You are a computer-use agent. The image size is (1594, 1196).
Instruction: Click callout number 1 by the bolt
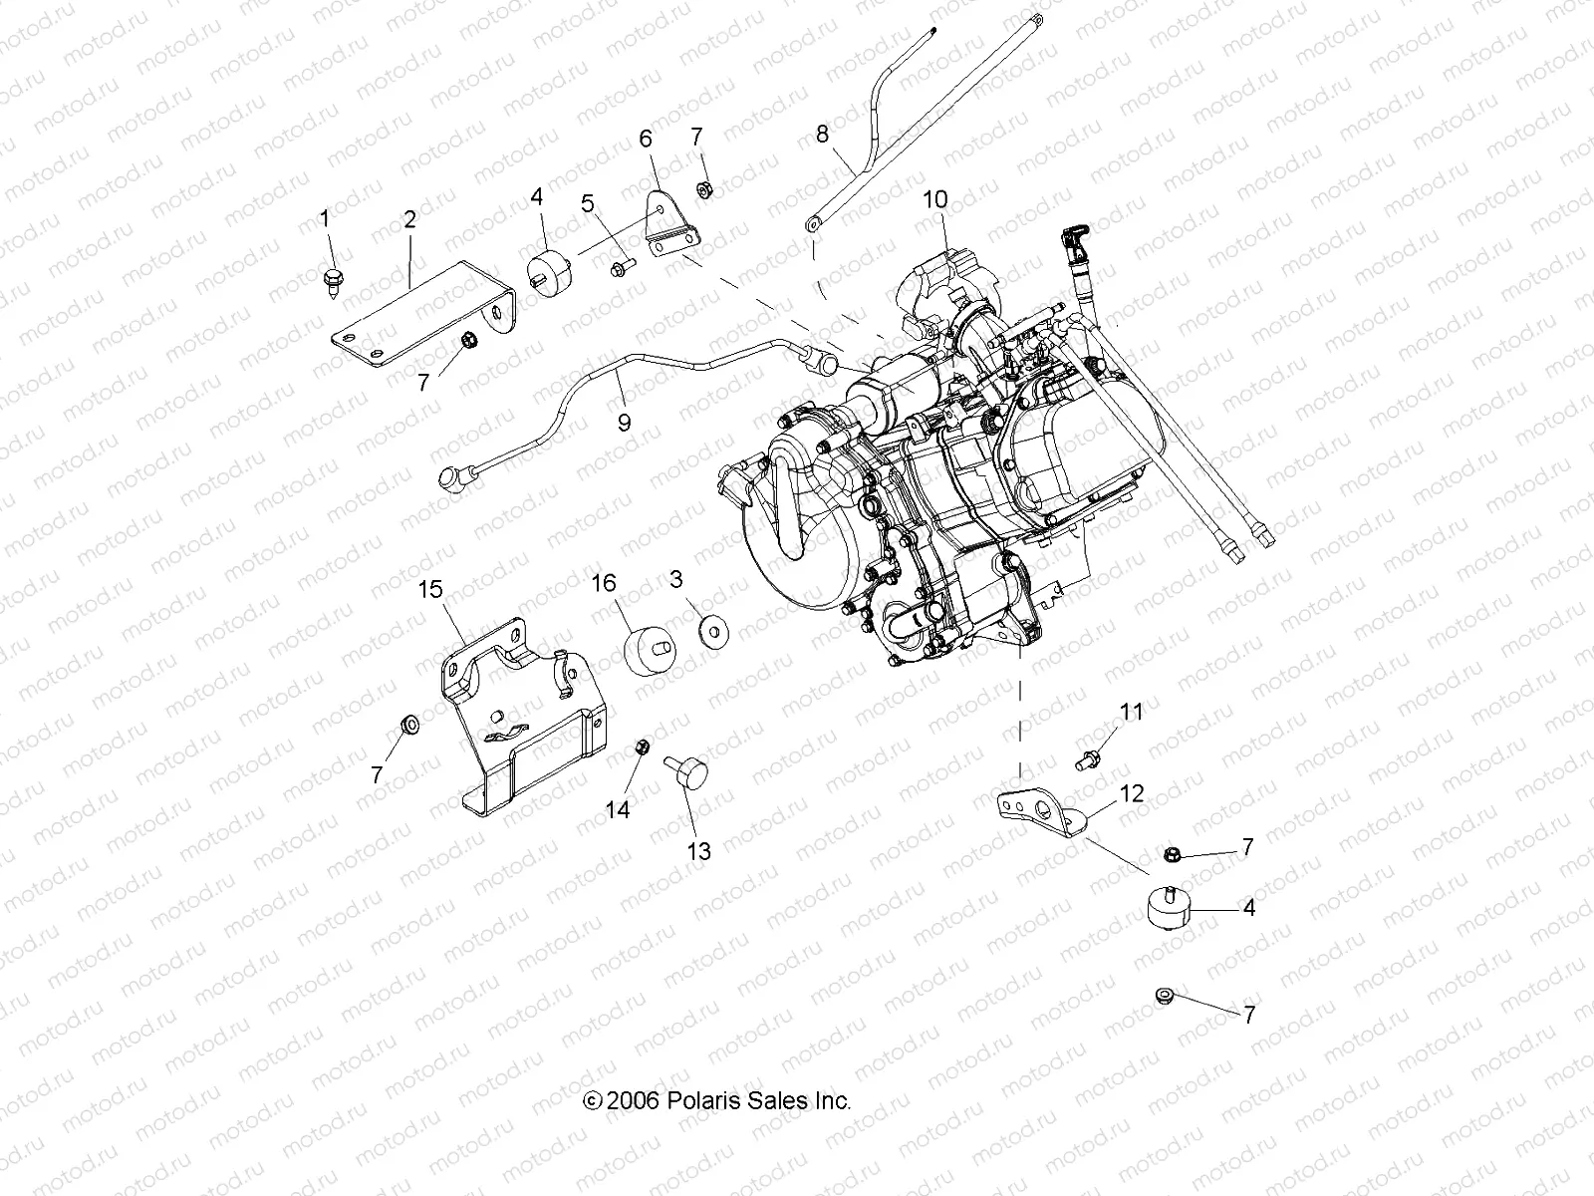pyautogui.click(x=324, y=217)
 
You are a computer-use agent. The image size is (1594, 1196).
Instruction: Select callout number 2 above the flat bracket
pyautogui.click(x=409, y=219)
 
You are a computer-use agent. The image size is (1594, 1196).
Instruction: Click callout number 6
pyautogui.click(x=646, y=139)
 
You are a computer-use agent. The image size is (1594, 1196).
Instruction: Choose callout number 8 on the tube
pyautogui.click(x=822, y=134)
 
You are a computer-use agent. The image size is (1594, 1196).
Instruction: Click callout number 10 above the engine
pyautogui.click(x=934, y=199)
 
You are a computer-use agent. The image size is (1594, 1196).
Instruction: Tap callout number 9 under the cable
pyautogui.click(x=624, y=422)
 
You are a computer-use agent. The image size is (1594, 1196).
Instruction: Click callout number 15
pyautogui.click(x=429, y=589)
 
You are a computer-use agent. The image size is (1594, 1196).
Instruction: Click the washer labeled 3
pyautogui.click(x=712, y=631)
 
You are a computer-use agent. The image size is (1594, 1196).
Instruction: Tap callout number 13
pyautogui.click(x=699, y=850)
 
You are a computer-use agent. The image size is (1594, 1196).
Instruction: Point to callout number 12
pyautogui.click(x=1132, y=794)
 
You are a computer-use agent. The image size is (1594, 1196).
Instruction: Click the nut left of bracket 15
pyautogui.click(x=407, y=724)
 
